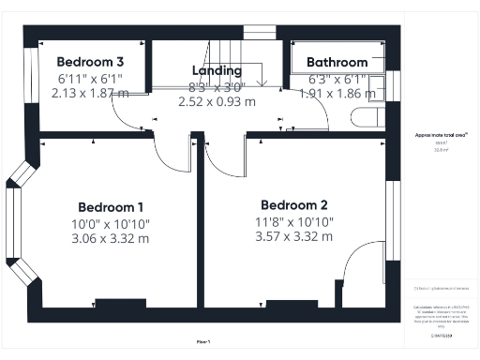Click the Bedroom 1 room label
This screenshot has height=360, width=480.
(111, 207)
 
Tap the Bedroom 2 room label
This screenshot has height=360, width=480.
(293, 205)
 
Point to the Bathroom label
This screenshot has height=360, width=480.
(337, 63)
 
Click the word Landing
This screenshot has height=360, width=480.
(217, 71)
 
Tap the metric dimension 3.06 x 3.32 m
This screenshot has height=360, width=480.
(111, 238)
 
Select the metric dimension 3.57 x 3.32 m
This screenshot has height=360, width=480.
(293, 236)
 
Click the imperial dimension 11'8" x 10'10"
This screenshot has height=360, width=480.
(293, 221)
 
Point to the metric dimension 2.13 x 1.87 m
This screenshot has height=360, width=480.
(90, 93)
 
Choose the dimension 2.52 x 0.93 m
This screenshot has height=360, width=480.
(217, 101)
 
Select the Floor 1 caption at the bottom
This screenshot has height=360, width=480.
(203, 341)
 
